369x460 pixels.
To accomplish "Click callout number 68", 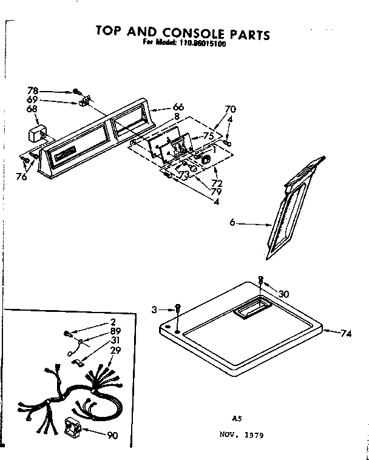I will (x=32, y=109).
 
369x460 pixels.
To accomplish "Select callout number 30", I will (x=284, y=294).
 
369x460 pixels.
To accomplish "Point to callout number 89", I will (x=114, y=331).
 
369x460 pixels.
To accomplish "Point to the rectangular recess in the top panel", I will (x=249, y=311).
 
